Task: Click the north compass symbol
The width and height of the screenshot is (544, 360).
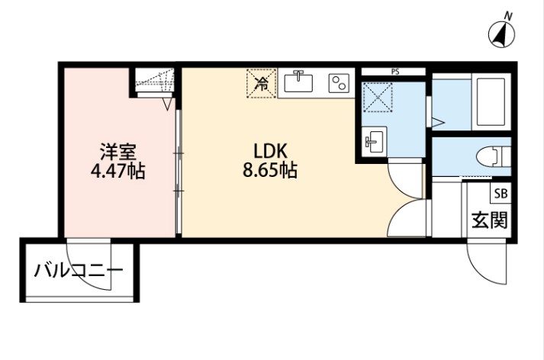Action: click(x=501, y=34)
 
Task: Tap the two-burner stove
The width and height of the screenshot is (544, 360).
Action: click(x=336, y=82)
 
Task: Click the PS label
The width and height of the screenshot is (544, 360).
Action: click(x=394, y=72)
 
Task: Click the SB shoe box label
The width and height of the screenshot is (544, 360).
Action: click(x=501, y=193)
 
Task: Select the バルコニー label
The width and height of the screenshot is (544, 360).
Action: click(x=77, y=271)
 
